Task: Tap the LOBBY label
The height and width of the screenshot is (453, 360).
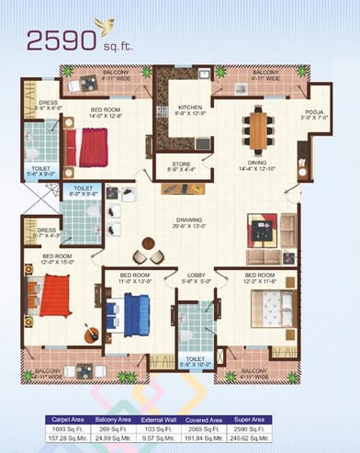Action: click(x=196, y=275)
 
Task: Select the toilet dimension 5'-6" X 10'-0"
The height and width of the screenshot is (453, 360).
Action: click(x=197, y=366)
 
